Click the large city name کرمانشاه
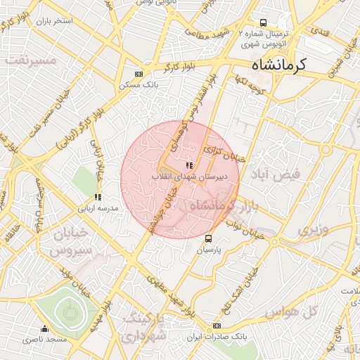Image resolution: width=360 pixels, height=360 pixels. [x=279, y=65]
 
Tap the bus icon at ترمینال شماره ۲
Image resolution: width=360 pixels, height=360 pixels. [x=263, y=23]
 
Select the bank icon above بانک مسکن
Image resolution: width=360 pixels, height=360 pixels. [x=139, y=74]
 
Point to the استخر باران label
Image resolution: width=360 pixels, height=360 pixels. [x=58, y=20]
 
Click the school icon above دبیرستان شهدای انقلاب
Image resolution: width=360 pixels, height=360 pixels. [x=188, y=165]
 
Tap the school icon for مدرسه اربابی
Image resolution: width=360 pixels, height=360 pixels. [x=97, y=198]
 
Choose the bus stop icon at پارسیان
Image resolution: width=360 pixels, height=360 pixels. [x=208, y=239]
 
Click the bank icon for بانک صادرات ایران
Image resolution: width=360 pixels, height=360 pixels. [x=217, y=326]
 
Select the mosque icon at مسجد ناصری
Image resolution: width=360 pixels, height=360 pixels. [x=45, y=328]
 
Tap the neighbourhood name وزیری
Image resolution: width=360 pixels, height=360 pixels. [x=313, y=230]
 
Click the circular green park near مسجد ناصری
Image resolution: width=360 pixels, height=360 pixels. [x=68, y=309]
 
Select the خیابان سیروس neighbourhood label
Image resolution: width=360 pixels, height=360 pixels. [x=70, y=241]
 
